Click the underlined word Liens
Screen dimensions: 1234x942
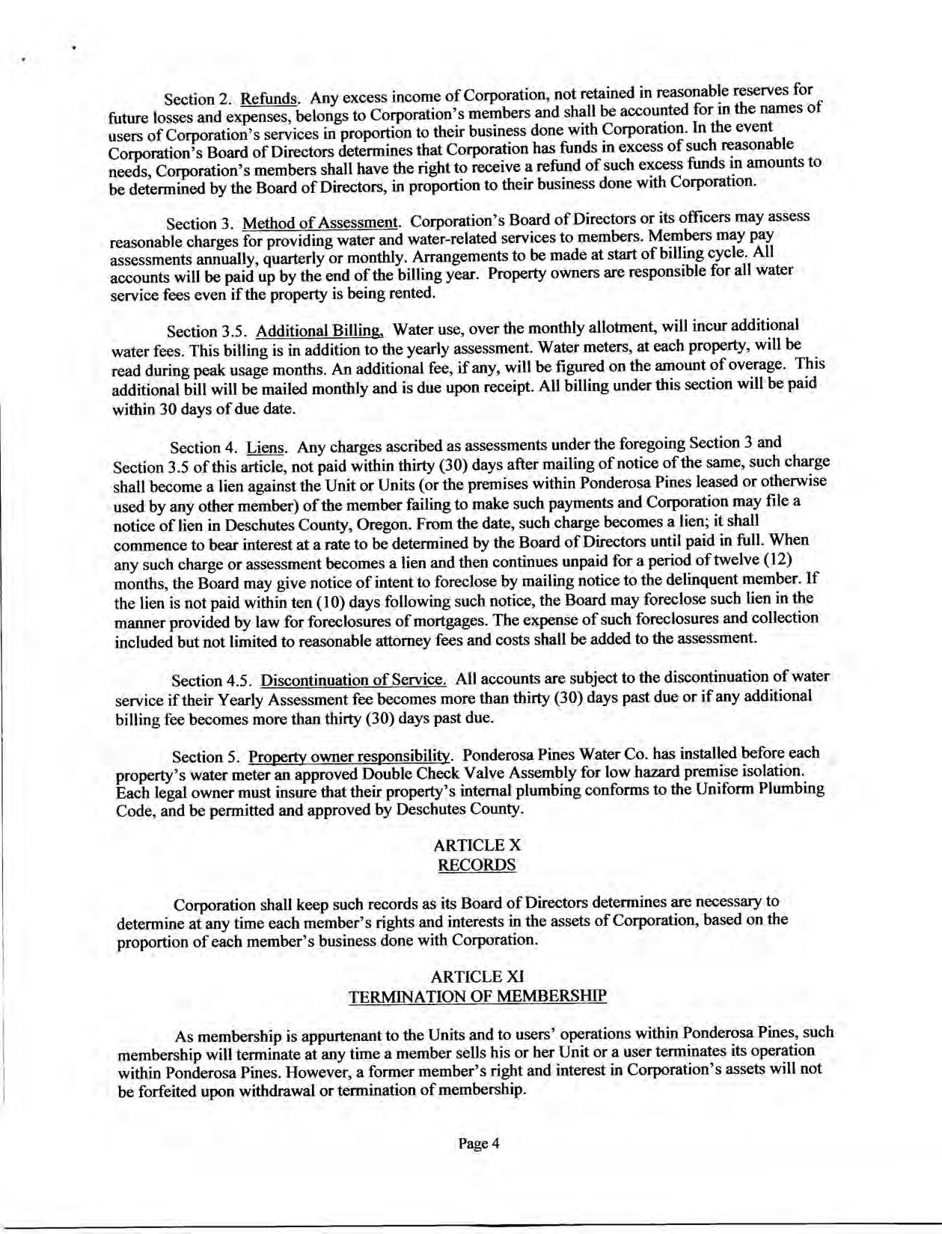266,448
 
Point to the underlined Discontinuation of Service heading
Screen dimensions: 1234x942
353,681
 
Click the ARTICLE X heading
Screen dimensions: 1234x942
477,845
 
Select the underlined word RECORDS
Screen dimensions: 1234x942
477,865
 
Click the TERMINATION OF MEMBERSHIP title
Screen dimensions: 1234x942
477,996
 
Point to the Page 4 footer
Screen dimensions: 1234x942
478,1144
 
